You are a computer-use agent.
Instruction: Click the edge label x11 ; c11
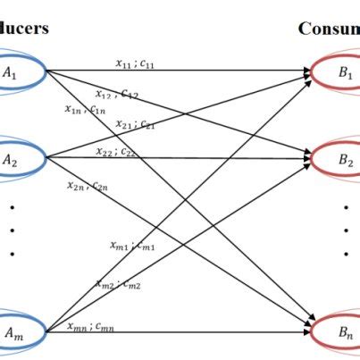point(137,62)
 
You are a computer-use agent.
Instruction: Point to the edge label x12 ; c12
point(117,93)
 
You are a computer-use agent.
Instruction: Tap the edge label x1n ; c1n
point(86,109)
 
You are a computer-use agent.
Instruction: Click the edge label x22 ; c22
point(116,151)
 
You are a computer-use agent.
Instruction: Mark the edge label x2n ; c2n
point(88,186)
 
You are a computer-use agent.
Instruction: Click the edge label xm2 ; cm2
point(118,283)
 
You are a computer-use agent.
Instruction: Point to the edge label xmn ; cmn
point(91,326)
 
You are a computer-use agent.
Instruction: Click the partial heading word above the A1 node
point(24,28)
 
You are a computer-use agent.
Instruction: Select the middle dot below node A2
point(12,230)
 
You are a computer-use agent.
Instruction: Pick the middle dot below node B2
point(346,230)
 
